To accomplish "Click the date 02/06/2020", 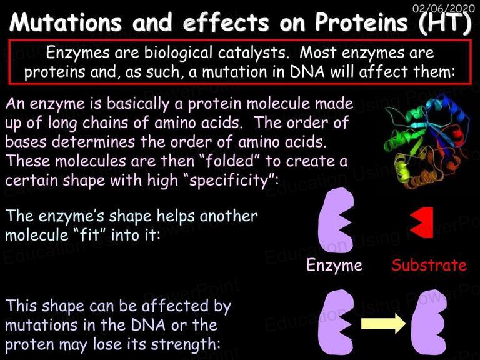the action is (444, 8).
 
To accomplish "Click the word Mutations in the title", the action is (65, 22).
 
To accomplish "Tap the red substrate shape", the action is (421, 222).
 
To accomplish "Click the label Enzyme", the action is (334, 265).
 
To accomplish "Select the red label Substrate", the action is (429, 265).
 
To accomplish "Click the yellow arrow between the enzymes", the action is (383, 324).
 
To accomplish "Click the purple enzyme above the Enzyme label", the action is (336, 221).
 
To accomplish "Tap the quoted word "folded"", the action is (229, 161).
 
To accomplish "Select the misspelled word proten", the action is (30, 345).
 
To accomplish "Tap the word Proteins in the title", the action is (361, 22).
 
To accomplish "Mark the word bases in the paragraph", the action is (26, 141).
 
